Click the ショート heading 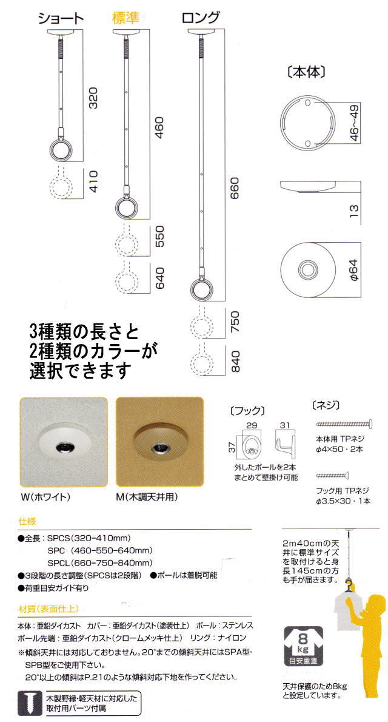coord(60,18)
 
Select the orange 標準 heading coord(125,18)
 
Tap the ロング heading coord(200,18)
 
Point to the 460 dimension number coord(159,124)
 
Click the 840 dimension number coord(236,362)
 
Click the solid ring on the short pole coord(60,150)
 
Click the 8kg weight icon coord(303,645)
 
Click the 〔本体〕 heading coord(306,72)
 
